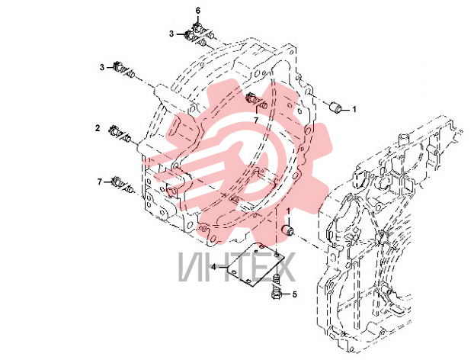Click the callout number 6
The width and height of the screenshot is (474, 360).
[x=198, y=11]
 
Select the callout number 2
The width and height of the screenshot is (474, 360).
[x=98, y=128]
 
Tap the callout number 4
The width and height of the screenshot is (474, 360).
[x=213, y=267]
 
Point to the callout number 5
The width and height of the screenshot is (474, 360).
[x=294, y=294]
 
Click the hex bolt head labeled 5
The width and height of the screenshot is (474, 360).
[x=277, y=294]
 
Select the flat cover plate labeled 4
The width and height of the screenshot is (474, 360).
[x=256, y=264]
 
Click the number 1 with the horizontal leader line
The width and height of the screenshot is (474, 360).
[x=354, y=109]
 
